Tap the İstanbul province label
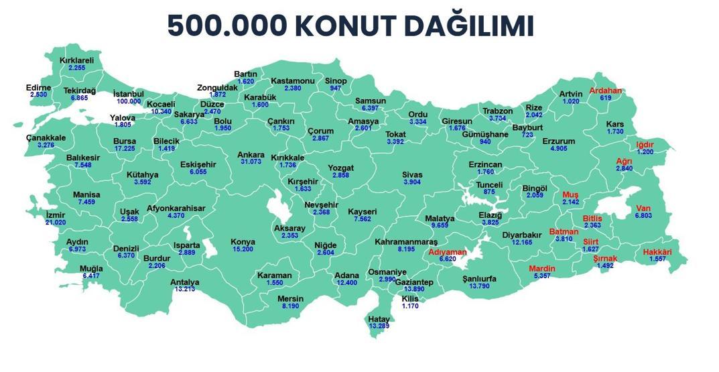[129, 93]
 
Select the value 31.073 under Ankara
[251, 162]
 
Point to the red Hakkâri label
[657, 252]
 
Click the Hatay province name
[379, 318]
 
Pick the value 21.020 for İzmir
[55, 223]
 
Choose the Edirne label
[38, 88]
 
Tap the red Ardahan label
[606, 90]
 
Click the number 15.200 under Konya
[243, 249]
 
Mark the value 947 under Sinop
[335, 88]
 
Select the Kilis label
[410, 298]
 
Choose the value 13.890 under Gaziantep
[413, 290]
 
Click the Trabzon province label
[497, 111]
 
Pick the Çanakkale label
[46, 137]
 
